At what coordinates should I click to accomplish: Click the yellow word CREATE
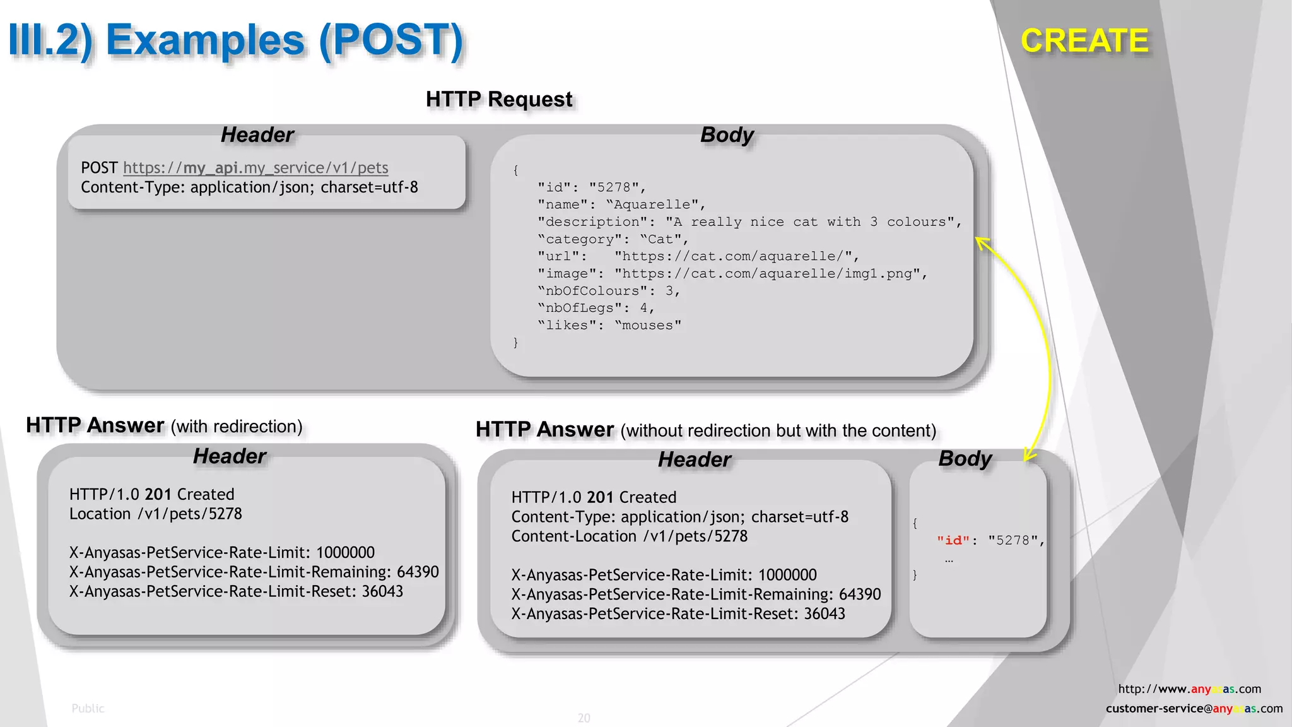1084,41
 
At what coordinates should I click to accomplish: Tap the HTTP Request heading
499,99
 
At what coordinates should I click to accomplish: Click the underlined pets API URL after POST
255,168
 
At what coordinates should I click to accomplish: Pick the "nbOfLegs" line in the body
596,308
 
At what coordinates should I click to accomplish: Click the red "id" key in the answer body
953,541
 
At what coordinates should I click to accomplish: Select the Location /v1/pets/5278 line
155,514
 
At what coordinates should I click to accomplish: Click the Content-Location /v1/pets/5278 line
629,536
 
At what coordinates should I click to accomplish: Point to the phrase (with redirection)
237,427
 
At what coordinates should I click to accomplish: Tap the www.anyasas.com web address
1189,689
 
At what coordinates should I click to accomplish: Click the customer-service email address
1194,709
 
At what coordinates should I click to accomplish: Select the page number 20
584,718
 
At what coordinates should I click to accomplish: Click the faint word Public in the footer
88,709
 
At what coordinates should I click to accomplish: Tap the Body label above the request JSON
727,135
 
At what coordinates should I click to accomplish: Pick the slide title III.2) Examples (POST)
236,40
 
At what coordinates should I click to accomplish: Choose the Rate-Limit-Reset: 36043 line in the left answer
236,592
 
